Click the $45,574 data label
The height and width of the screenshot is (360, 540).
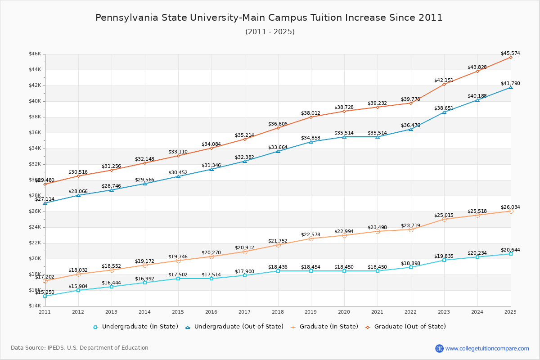[x=510, y=54]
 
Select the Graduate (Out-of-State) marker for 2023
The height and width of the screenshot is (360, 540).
[x=444, y=84]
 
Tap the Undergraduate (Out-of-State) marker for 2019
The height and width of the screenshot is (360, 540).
[x=311, y=142]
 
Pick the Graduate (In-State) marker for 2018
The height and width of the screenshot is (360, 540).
[x=278, y=245]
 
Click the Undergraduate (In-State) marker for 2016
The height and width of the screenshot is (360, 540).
[x=211, y=279]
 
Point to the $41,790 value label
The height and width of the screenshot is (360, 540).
[x=510, y=84]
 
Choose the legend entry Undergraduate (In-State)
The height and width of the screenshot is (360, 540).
[x=140, y=327]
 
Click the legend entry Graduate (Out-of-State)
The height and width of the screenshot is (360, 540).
[x=409, y=327]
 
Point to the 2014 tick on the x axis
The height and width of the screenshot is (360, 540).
[x=145, y=311]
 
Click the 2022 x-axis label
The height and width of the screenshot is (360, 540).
[x=411, y=311]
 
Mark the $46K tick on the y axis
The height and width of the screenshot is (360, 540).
[x=35, y=54]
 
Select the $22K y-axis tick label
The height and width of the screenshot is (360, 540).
[x=35, y=243]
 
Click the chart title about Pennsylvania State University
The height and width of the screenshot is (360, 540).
[x=269, y=18]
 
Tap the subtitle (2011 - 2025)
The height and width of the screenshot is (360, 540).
[x=270, y=32]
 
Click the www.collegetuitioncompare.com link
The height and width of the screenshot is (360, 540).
[x=487, y=348]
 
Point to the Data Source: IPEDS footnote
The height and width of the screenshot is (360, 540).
[x=80, y=348]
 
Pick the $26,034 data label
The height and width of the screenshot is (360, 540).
[x=510, y=207]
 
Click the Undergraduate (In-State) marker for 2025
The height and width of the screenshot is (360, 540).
[x=511, y=254]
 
